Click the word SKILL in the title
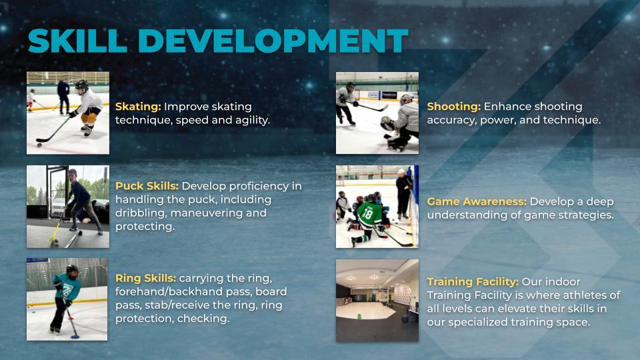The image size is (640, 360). coord(77,41)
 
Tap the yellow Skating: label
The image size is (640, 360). coord(138,107)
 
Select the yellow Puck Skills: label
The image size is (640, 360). coord(147,186)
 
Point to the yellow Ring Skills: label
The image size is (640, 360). coord(145,278)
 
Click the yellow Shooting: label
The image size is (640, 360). coord(453,107)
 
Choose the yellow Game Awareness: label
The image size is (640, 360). coord(477,201)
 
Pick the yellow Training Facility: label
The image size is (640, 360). coord(473,281)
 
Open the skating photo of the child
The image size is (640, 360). coord(67,113)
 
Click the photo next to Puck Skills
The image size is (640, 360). coord(67,207)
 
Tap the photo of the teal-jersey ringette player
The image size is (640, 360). coord(67,299)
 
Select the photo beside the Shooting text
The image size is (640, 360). coord(377,113)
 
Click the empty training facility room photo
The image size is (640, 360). coord(377,300)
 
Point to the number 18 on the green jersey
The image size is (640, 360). coord(367,213)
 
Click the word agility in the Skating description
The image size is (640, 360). coord(248,121)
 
